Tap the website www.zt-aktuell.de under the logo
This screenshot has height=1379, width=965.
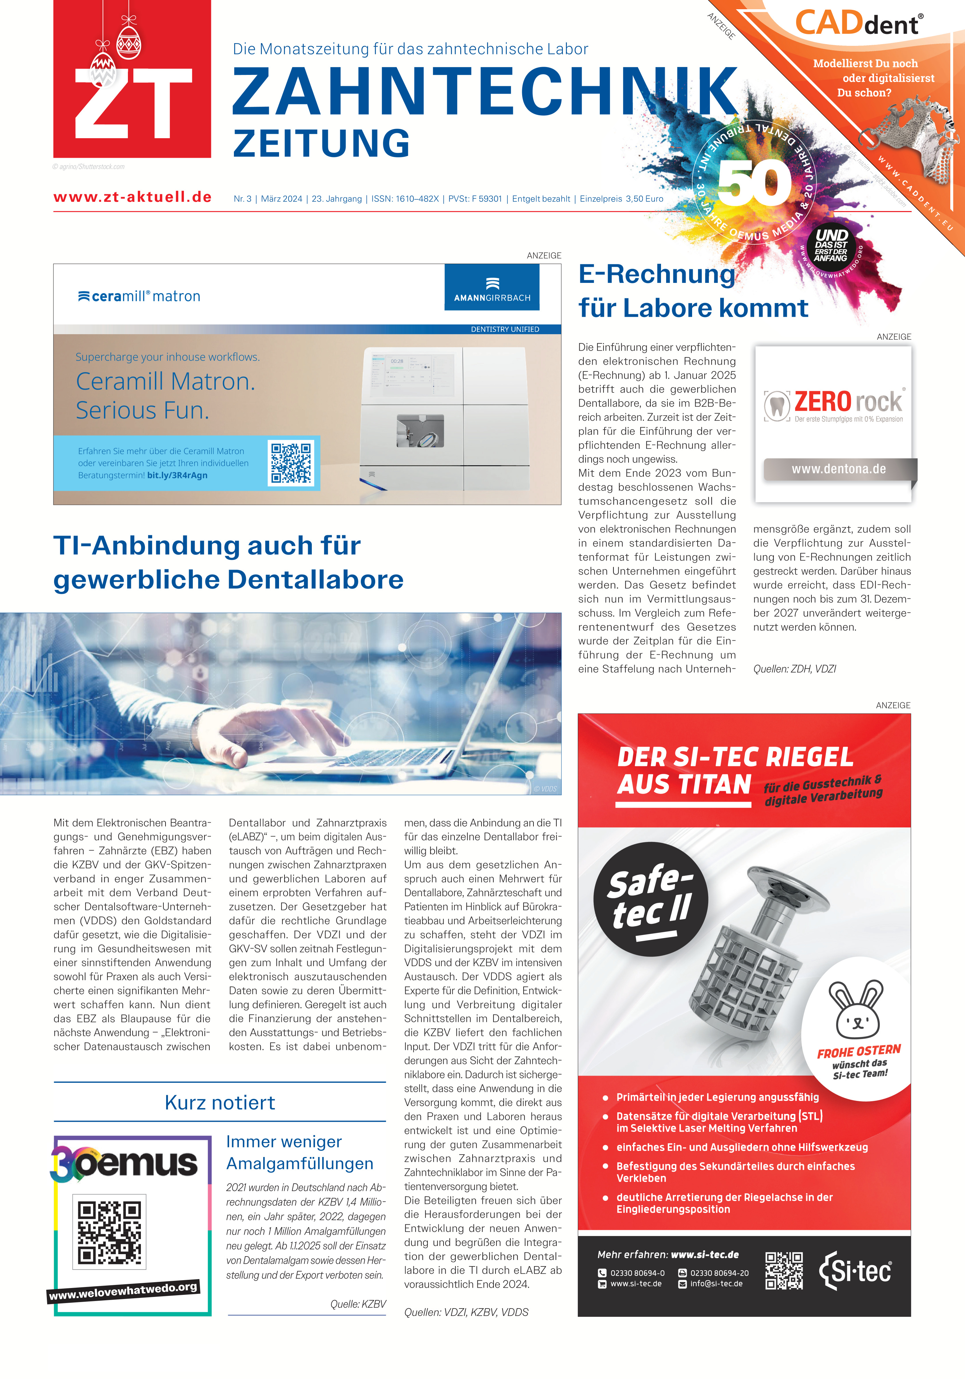pos(132,197)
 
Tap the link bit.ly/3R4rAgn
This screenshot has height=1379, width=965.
pos(177,475)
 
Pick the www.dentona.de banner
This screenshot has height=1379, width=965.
pos(838,469)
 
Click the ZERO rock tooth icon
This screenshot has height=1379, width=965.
pos(778,406)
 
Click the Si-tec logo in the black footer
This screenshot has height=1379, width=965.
pos(855,1271)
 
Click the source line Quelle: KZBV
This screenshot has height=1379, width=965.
pos(358,1304)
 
